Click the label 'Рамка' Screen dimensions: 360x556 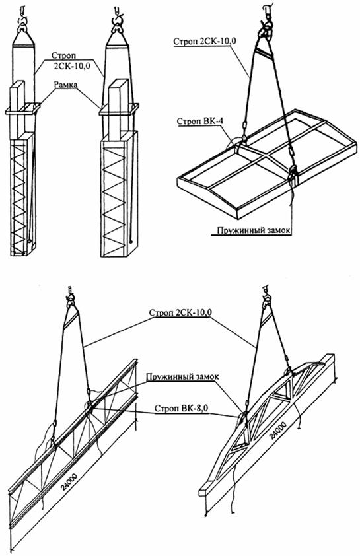66,85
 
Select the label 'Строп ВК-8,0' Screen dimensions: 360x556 181,408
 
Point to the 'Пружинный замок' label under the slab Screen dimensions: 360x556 254,230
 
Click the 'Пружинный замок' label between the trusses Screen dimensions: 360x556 182,376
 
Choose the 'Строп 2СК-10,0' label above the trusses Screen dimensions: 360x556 180,313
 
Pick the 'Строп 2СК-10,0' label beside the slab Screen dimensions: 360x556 205,41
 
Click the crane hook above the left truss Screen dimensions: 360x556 70,296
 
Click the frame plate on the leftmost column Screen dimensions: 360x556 23,108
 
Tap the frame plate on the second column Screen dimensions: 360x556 119,109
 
